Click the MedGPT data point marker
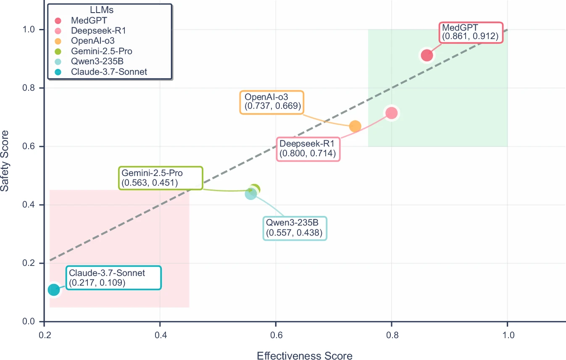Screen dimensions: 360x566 click(x=426, y=55)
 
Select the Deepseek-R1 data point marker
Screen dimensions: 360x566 click(x=391, y=113)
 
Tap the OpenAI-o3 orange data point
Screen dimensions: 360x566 click(x=355, y=126)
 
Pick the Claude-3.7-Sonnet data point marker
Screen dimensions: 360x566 click(x=53, y=289)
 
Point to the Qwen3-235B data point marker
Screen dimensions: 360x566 click(x=250, y=194)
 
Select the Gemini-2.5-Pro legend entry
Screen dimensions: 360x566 click(x=104, y=51)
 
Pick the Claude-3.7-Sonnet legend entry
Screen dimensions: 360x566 click(x=109, y=72)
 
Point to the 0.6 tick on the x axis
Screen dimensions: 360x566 click(x=276, y=336)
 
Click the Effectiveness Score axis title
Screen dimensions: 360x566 click(x=305, y=356)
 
